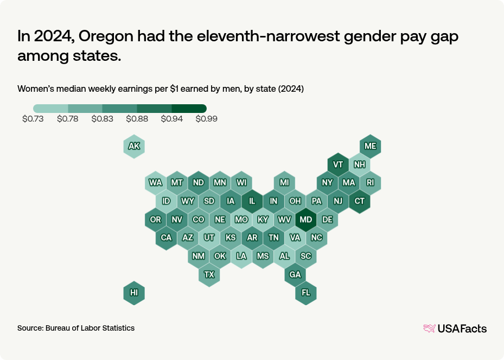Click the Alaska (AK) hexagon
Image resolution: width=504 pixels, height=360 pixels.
pos(134,146)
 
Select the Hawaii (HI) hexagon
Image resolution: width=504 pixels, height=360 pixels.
pos(134,293)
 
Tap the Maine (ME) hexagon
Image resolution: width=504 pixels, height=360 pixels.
pos(371,146)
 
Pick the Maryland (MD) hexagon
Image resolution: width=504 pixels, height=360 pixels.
pos(306,219)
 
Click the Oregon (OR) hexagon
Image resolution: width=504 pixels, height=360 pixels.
pos(156,219)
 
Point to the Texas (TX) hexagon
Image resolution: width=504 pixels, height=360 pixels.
pos(209,274)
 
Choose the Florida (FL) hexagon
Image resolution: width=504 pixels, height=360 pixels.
pos(306,293)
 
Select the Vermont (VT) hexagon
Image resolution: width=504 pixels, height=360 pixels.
pos(338,165)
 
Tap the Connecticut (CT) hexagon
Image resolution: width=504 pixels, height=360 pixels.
pos(360,201)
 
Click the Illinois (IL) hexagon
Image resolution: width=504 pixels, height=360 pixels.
pos(252,201)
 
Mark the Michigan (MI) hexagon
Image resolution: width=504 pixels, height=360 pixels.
pos(284,182)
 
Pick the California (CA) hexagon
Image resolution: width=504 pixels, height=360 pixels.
pos(166,238)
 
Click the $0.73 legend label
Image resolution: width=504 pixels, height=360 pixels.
pos(33,119)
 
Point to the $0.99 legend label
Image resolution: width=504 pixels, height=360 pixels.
pos(206,119)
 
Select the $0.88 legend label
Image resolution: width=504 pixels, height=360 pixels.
pos(137,119)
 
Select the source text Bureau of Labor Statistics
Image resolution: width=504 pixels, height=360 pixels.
pos(90,328)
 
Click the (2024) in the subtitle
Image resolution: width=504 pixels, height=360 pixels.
pos(290,89)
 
